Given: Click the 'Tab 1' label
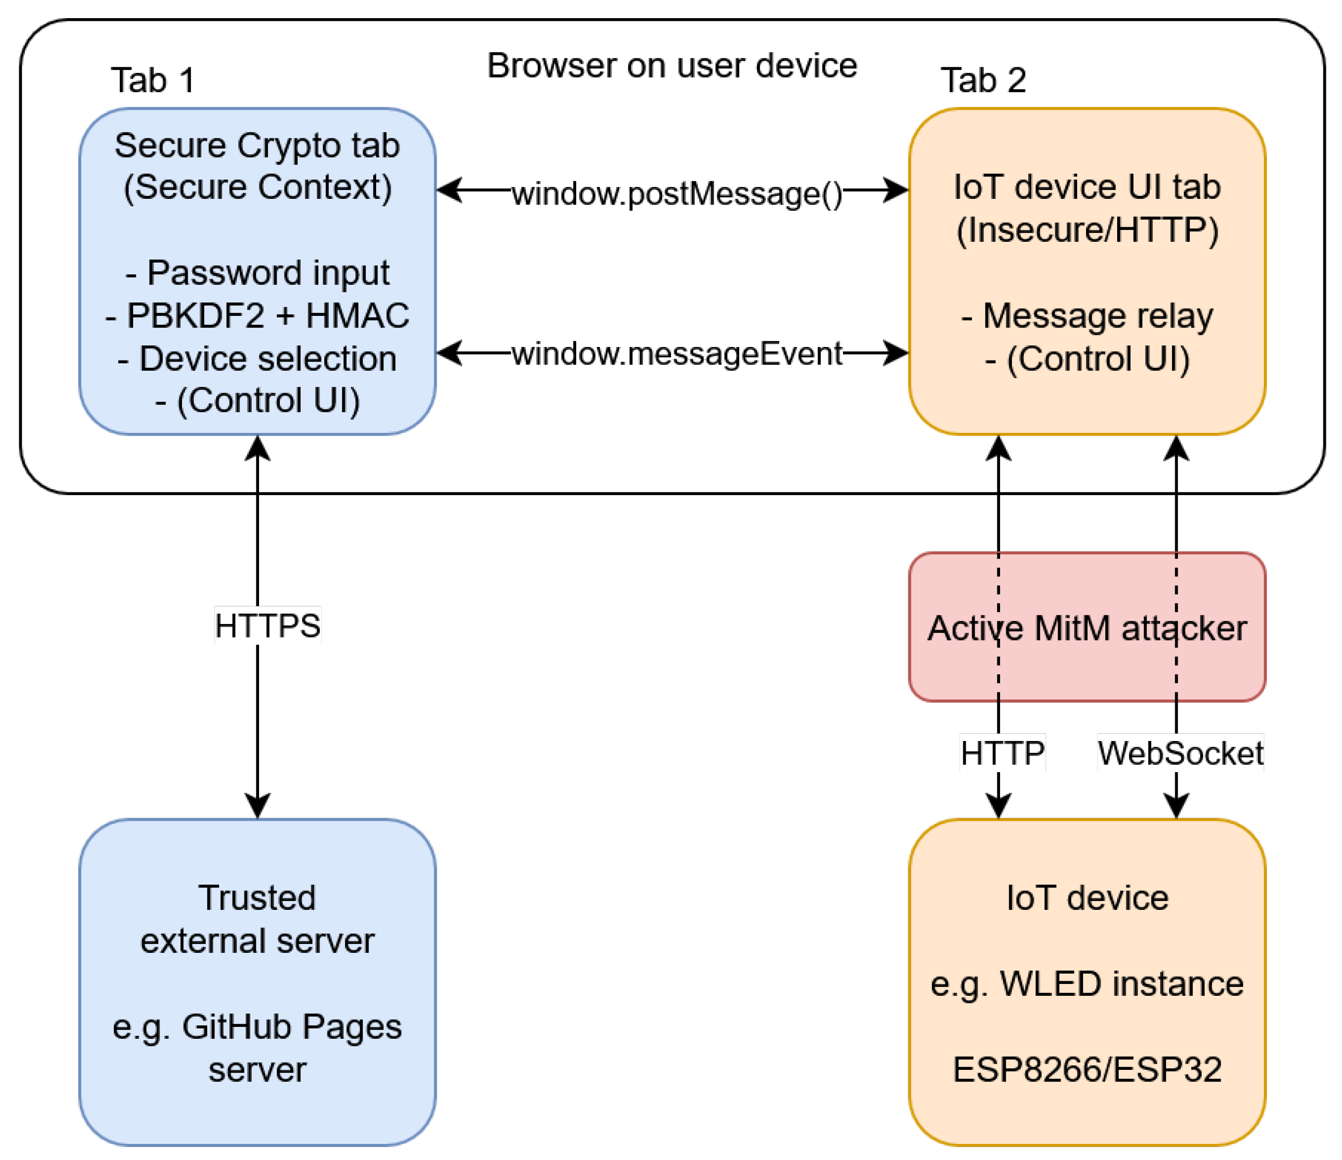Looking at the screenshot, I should [x=153, y=80].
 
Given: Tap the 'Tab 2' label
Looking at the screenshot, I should [x=983, y=80].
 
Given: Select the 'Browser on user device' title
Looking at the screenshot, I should [x=672, y=65].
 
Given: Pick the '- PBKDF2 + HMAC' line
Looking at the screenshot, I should [x=257, y=316].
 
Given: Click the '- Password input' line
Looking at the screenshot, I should [x=257, y=272].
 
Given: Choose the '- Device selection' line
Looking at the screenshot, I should [x=257, y=358].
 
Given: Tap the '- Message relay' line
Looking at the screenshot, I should [x=1087, y=316].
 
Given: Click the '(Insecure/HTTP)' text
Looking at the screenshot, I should [x=1087, y=230].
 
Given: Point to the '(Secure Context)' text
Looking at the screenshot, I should [x=257, y=187].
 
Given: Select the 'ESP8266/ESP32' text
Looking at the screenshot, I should [x=1087, y=1069].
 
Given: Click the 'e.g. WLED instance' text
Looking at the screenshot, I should [x=1087, y=984].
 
